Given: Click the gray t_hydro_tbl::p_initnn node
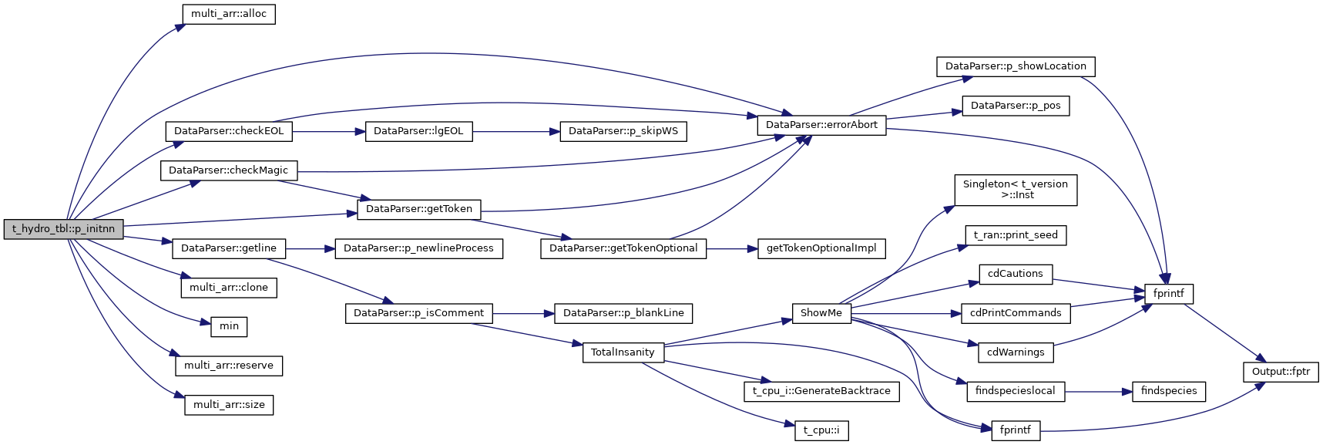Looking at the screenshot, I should click(x=63, y=229).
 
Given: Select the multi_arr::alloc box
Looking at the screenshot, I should click(x=229, y=14).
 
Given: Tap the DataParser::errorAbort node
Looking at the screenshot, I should click(x=821, y=125).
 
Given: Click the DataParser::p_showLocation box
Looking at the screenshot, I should click(x=1016, y=66).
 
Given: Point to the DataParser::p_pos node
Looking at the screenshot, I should click(x=1016, y=106).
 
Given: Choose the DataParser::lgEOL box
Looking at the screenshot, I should click(x=418, y=131).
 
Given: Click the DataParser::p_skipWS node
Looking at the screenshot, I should click(x=623, y=131).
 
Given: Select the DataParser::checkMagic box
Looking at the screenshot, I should click(x=228, y=170).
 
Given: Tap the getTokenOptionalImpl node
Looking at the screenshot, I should click(x=821, y=248).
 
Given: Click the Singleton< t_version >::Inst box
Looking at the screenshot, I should click(x=1016, y=190).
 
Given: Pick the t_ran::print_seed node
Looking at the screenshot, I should click(x=1016, y=235).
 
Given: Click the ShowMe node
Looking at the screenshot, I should click(x=821, y=313).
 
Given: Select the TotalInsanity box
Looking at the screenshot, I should click(x=623, y=352).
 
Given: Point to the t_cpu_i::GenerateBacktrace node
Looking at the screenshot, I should click(x=821, y=391).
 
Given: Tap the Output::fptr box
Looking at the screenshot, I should click(x=1281, y=372).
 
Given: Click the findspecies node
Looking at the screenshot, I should click(x=1169, y=391).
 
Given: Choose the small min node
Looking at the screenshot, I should click(x=229, y=326).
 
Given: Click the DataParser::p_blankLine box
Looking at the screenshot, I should click(x=623, y=313).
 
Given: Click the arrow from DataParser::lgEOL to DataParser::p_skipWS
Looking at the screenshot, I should click(x=516, y=131).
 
